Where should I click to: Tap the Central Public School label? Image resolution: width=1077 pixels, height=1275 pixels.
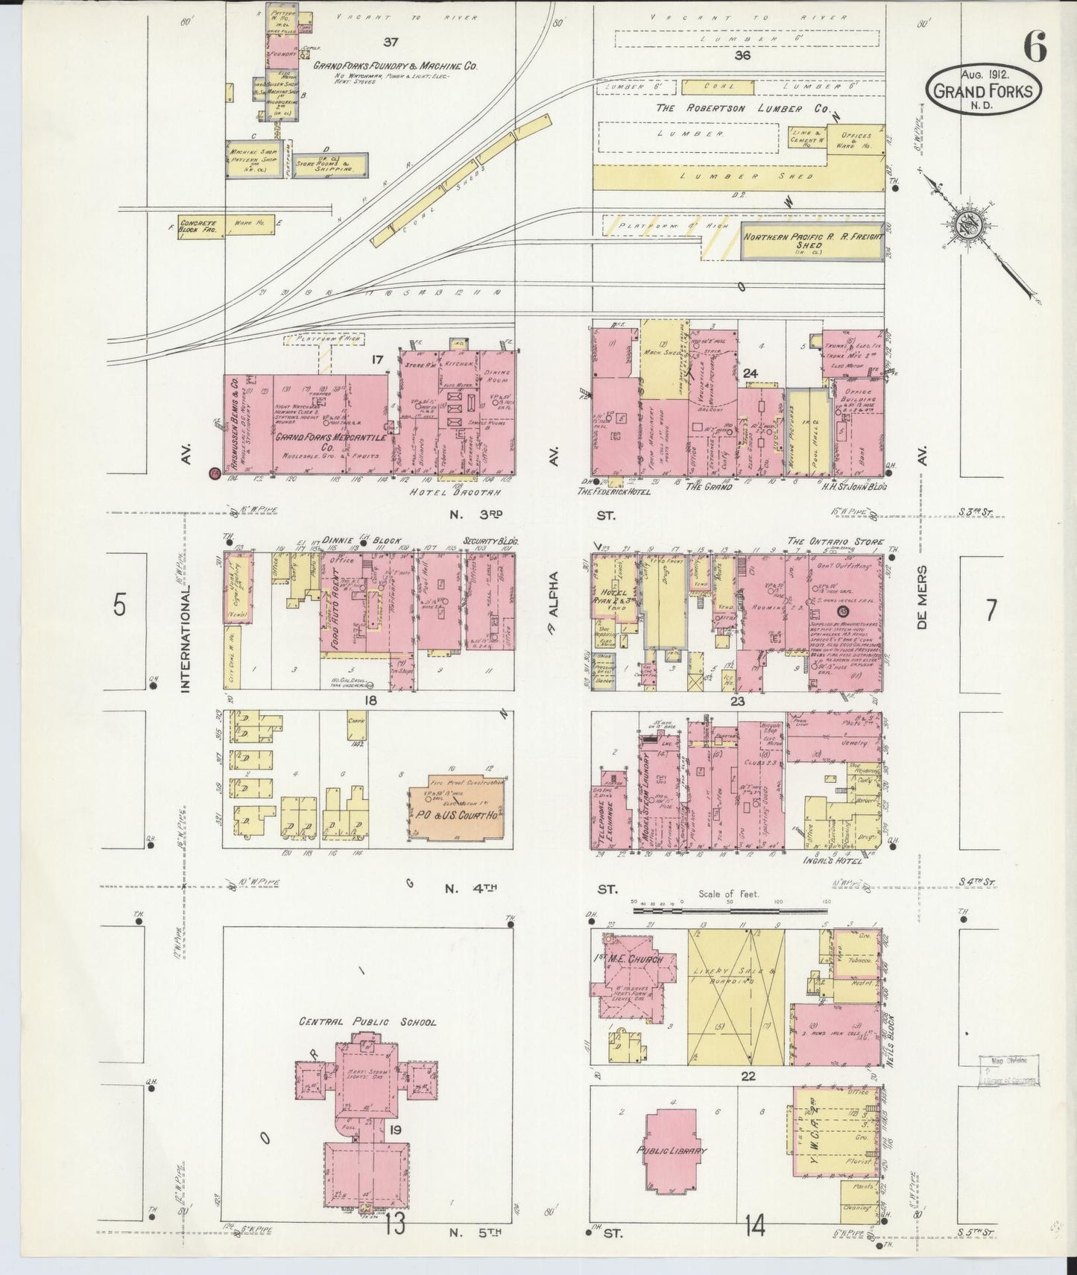pos(367,1022)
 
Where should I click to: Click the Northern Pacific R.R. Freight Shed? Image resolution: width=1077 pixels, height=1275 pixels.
pos(812,241)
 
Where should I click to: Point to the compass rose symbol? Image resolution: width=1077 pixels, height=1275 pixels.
pos(970,224)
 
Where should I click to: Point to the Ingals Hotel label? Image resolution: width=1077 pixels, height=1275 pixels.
pos(833,860)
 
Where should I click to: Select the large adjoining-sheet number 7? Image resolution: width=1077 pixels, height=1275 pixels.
pos(990,611)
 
